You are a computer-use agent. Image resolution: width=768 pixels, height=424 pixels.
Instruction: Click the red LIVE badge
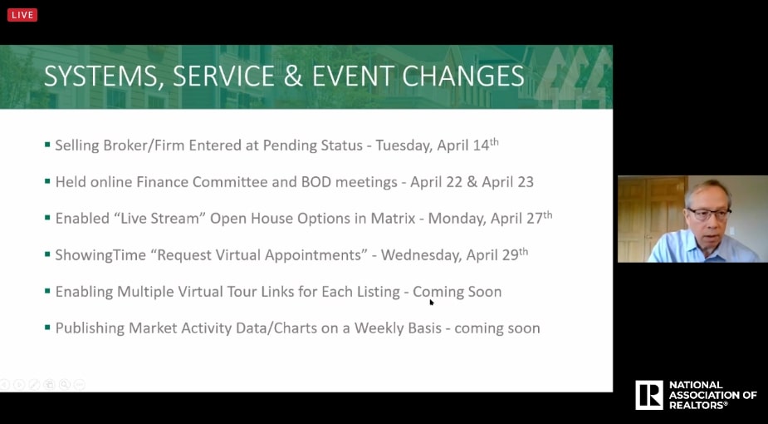(x=22, y=15)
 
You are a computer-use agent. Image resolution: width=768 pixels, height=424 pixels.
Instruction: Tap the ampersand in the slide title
(x=293, y=76)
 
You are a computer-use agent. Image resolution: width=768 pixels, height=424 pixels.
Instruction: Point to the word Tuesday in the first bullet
(x=404, y=145)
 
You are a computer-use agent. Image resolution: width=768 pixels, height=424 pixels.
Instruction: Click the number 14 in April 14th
(x=482, y=145)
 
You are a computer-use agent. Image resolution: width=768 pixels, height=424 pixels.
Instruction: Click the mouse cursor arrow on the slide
(x=432, y=303)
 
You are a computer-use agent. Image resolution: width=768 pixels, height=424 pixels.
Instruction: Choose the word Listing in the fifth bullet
(x=378, y=292)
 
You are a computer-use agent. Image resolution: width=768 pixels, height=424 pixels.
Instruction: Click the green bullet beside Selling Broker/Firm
(x=47, y=145)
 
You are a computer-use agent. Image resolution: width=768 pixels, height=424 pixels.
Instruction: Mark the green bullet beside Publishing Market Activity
(x=47, y=327)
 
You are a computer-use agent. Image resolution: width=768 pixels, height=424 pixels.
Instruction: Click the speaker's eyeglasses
(x=709, y=214)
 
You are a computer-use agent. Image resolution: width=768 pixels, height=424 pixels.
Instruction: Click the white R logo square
(x=649, y=395)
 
